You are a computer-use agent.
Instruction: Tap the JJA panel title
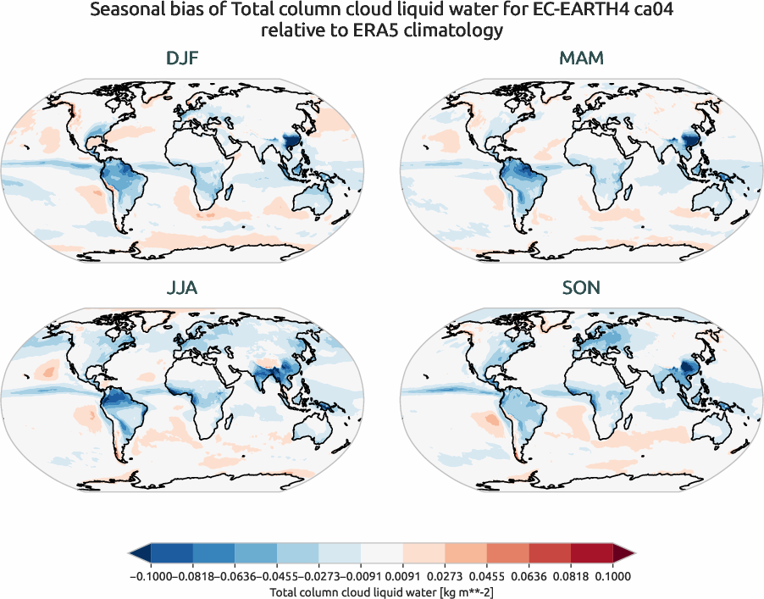182,288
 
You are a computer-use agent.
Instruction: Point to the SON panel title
581,288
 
